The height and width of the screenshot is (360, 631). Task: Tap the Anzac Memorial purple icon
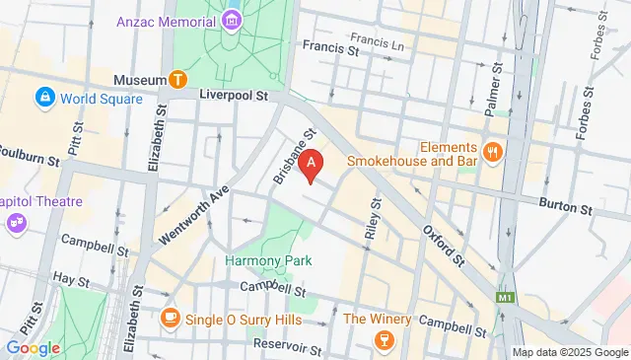click(x=231, y=20)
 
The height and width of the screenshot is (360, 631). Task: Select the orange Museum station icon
click(x=178, y=79)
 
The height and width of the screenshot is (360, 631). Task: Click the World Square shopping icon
click(x=45, y=98)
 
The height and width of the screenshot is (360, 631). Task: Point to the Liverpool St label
click(x=235, y=97)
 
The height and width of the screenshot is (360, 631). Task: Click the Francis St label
click(x=330, y=46)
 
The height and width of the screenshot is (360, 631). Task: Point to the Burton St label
click(x=564, y=208)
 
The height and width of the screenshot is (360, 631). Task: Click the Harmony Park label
click(x=268, y=260)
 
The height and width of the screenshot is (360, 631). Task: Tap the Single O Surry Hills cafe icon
click(x=170, y=318)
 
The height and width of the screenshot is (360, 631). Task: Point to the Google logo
click(x=33, y=347)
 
